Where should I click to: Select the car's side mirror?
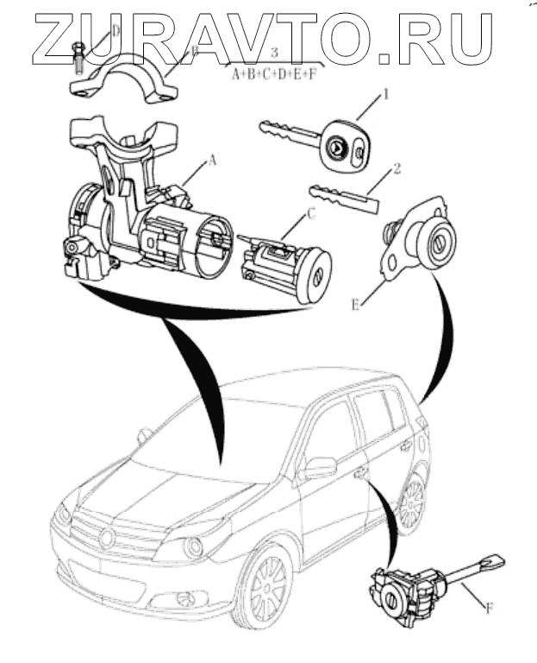coord(321,467)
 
